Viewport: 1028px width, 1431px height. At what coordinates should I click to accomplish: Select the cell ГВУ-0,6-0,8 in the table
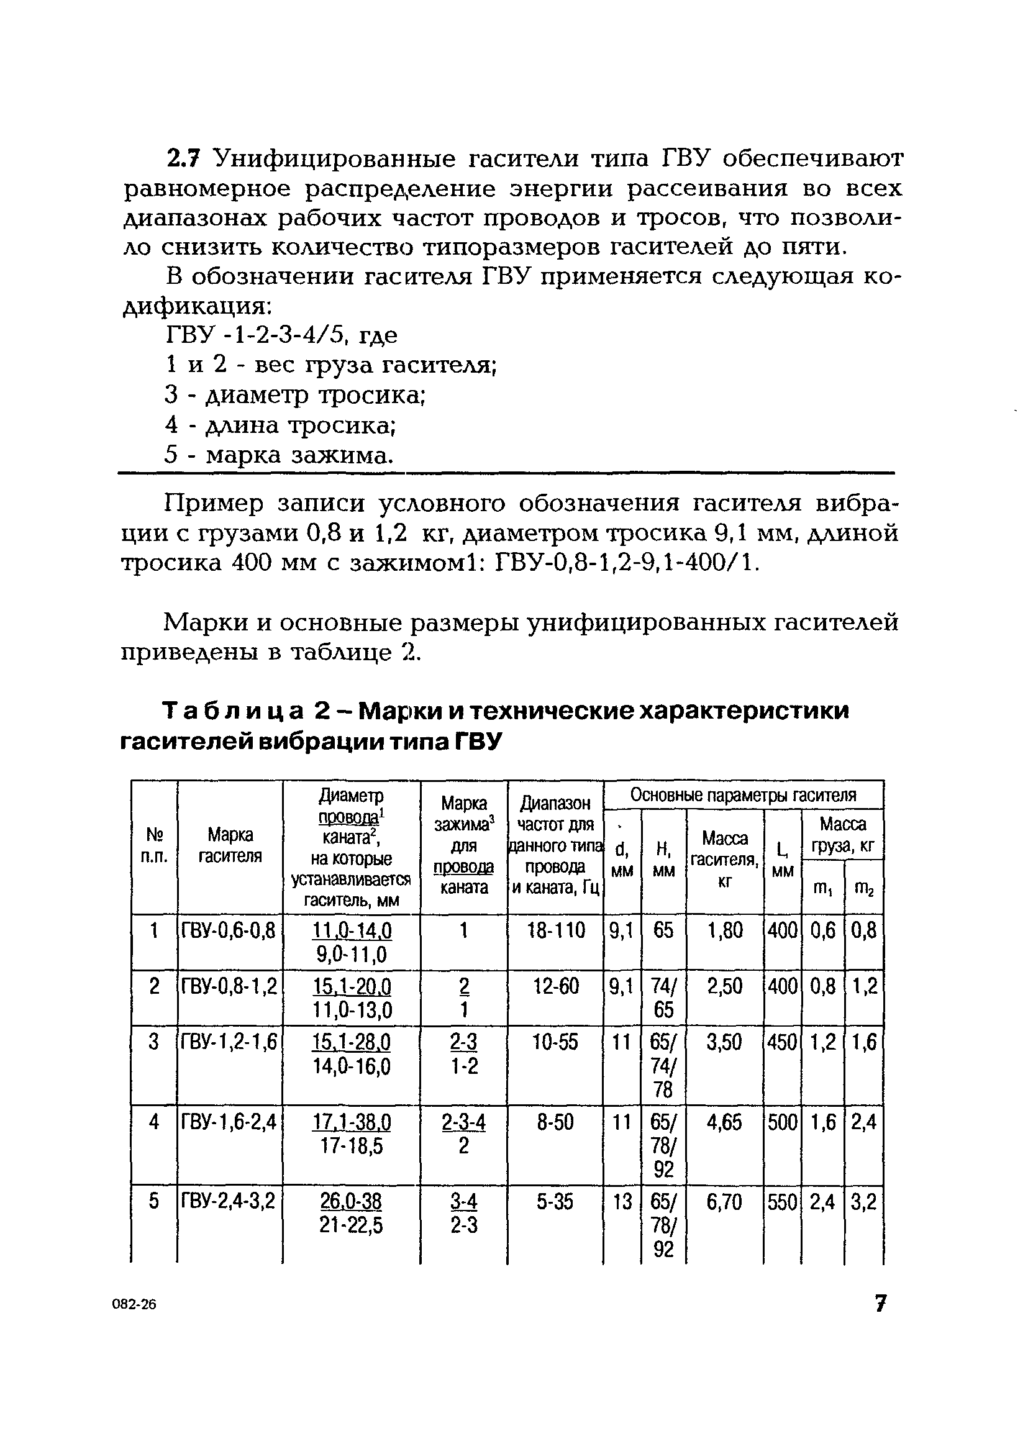[229, 930]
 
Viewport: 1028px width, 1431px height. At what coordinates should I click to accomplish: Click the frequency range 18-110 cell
[555, 930]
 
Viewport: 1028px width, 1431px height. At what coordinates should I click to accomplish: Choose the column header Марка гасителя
[230, 845]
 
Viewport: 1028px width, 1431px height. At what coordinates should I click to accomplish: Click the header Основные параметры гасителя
[743, 795]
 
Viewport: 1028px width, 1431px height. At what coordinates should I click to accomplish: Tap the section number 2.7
[183, 158]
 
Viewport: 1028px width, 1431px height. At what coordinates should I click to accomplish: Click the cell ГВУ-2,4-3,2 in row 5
[229, 1201]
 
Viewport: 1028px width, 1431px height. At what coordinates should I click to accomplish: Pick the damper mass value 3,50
[724, 1042]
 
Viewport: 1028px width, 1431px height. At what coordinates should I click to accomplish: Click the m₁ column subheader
[822, 888]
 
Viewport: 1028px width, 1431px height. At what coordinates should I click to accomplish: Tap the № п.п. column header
[154, 845]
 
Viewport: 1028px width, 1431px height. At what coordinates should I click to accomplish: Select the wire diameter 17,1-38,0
[351, 1122]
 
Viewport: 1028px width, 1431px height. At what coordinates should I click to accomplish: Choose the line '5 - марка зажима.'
[279, 455]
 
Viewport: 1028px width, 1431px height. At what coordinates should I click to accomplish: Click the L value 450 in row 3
[782, 1042]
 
